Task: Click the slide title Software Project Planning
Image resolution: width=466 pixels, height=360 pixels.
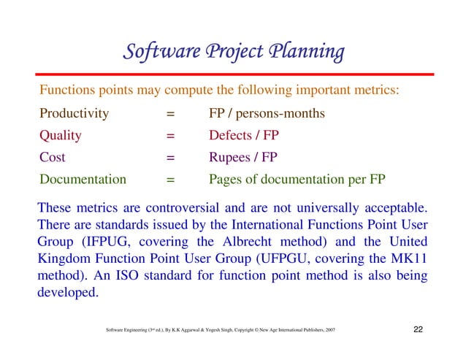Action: [x=233, y=53]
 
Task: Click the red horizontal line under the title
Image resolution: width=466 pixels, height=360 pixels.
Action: [x=233, y=74]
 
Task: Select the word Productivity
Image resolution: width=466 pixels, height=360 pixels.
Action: [x=74, y=114]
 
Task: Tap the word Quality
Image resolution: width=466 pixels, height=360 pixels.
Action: [x=60, y=136]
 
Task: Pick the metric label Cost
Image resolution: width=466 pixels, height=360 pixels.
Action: [x=53, y=157]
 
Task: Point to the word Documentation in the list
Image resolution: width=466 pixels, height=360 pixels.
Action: [x=83, y=179]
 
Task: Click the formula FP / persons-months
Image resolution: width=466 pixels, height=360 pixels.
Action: [x=267, y=114]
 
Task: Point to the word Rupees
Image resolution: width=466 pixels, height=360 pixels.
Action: [x=232, y=157]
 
